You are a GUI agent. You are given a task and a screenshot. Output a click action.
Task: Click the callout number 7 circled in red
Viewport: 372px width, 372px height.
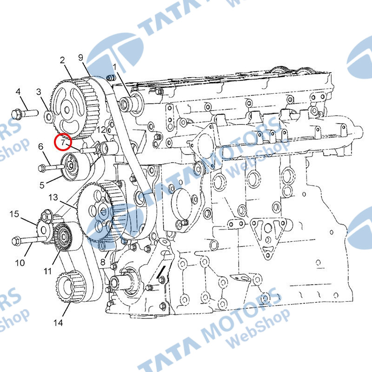click(63, 143)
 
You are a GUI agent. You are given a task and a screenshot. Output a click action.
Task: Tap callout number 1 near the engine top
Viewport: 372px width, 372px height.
click(115, 67)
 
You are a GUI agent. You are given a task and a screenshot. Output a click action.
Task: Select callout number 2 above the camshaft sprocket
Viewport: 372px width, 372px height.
click(62, 60)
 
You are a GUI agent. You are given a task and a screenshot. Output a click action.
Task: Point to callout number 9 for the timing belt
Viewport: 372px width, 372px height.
click(81, 57)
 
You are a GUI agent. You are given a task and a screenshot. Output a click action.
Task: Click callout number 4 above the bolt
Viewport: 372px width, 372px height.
click(18, 91)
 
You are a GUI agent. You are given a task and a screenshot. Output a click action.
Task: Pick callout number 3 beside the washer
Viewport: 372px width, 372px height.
click(39, 92)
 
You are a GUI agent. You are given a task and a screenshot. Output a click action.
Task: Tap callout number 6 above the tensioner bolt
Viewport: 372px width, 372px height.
click(41, 146)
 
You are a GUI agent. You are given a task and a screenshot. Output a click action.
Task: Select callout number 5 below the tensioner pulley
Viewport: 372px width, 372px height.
click(42, 185)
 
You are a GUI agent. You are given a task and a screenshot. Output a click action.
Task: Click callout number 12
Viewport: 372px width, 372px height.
click(101, 130)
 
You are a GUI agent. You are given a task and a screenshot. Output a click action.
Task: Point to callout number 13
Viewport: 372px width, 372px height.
click(53, 197)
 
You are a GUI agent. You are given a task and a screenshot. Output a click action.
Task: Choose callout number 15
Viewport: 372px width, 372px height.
click(14, 214)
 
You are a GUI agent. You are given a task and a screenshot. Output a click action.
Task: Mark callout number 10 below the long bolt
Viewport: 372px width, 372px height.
click(20, 263)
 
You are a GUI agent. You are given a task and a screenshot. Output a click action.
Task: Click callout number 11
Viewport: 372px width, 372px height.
click(48, 271)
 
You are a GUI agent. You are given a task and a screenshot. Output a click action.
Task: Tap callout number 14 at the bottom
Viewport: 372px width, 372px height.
click(58, 323)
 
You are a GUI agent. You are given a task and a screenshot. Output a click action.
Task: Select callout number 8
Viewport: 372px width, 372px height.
click(103, 262)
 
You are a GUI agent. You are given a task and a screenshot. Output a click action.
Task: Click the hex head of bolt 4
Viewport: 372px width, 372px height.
click(16, 114)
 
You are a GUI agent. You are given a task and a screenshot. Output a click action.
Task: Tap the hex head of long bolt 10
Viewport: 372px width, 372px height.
click(16, 241)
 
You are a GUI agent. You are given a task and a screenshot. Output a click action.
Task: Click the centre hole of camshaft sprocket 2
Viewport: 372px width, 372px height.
click(67, 110)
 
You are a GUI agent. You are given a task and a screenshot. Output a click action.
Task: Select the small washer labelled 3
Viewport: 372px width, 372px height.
click(49, 116)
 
